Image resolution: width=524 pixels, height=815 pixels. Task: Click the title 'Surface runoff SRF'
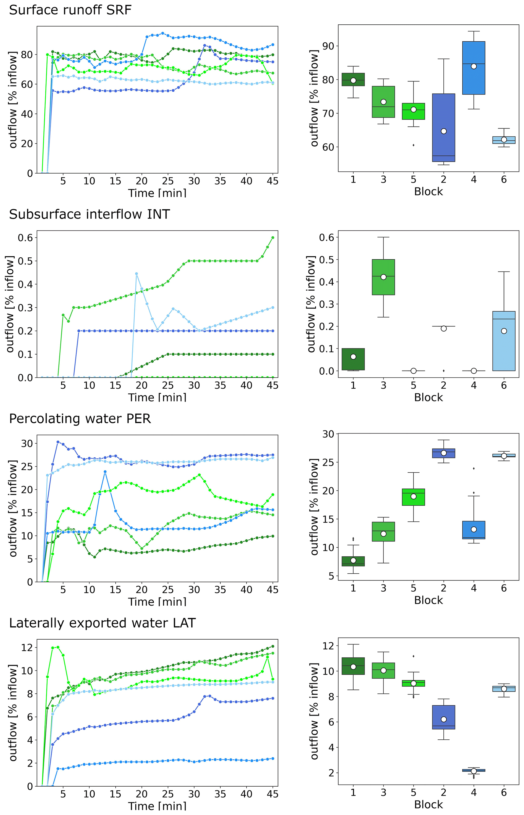tap(70, 10)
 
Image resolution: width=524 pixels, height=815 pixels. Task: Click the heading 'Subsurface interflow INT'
tap(89, 214)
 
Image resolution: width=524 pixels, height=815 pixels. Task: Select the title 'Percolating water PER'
tap(80, 419)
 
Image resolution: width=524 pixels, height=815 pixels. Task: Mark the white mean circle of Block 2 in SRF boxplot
tap(444, 131)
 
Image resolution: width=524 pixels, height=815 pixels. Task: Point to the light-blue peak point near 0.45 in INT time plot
tap(136, 273)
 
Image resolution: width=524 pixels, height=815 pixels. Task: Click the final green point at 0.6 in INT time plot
tap(273, 238)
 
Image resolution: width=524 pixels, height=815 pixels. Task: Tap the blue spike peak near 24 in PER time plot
tap(105, 472)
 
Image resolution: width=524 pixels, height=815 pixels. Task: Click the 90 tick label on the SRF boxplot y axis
tap(328, 46)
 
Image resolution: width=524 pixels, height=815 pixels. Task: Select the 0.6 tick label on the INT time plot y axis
tap(26, 238)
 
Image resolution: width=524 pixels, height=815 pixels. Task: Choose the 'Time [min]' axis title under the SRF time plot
tap(157, 193)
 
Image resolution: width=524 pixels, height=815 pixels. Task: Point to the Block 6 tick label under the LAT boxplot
tap(504, 792)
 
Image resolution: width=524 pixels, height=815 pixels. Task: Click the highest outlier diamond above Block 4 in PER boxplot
tap(474, 469)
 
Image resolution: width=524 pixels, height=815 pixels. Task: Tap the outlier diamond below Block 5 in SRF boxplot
tap(413, 145)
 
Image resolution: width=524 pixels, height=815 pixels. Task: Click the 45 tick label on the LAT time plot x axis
tap(273, 794)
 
